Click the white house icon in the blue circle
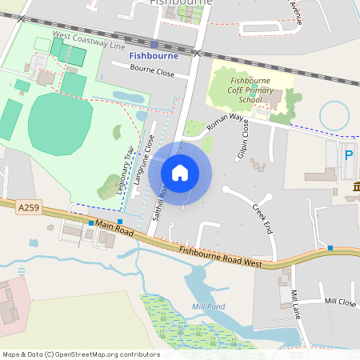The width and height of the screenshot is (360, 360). coord(180,173)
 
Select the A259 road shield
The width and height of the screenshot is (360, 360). coord(27,207)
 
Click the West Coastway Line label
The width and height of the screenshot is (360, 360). coord(89,41)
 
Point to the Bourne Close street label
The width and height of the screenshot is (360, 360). coord(153,72)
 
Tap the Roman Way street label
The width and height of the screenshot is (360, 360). coord(224,122)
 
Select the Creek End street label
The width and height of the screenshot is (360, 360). coord(262,218)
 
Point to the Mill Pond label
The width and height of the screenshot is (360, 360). coord(209,306)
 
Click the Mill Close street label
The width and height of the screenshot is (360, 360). coord(340,302)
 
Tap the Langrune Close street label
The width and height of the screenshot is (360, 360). coord(144,160)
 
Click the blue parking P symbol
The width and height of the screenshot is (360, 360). coord(349,157)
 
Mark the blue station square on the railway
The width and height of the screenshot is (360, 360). coord(154,45)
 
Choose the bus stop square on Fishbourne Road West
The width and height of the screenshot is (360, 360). coord(330,248)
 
